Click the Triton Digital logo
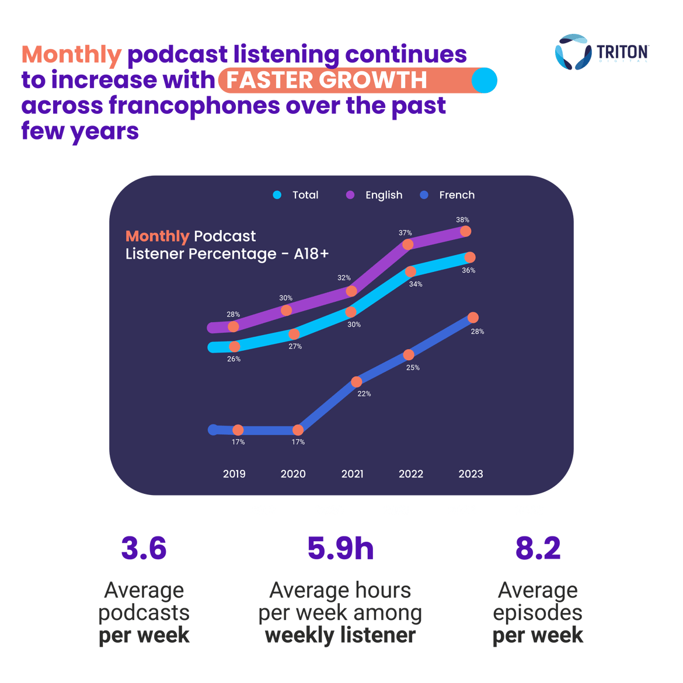[601, 53]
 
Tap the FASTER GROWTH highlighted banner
[357, 81]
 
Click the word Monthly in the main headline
[71, 55]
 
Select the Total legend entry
[297, 195]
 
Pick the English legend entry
[375, 195]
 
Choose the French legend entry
[448, 195]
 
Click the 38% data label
[462, 220]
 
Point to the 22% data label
[364, 394]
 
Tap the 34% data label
[416, 284]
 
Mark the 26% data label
[234, 359]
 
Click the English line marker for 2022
[408, 245]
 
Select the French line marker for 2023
[473, 318]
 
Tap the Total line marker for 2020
[294, 334]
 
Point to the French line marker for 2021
[357, 382]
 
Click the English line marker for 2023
[466, 232]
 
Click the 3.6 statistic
[144, 549]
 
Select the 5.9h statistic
[340, 549]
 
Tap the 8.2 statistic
[538, 549]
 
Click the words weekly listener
[340, 635]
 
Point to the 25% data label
[413, 368]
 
